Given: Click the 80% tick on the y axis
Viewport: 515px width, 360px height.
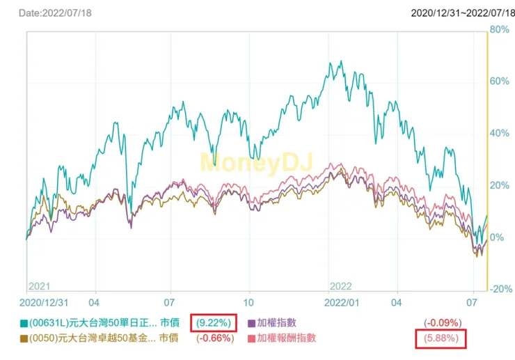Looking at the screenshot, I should tap(500, 30).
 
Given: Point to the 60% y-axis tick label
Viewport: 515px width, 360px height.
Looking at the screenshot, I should tap(500, 81).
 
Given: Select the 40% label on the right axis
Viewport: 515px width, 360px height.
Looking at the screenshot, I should tap(500, 134).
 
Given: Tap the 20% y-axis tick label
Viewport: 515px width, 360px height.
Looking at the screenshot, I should tap(500, 185).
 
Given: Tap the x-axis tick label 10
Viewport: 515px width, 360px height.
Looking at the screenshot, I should tap(248, 304).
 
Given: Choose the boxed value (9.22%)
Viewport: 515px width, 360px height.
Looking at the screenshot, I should tap(218, 323).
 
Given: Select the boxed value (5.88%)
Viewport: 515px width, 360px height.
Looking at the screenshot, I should tap(440, 338).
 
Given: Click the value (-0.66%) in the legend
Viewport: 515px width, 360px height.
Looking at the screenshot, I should tap(218, 338).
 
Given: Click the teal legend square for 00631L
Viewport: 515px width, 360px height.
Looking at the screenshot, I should tap(25, 324).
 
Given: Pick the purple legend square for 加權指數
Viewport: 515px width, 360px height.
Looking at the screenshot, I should tap(252, 324).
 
